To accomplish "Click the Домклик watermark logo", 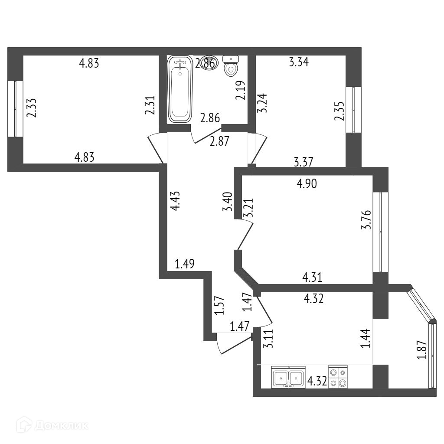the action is [x=52, y=425].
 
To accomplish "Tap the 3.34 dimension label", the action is [x=299, y=62].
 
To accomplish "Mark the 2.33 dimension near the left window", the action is [x=31, y=108].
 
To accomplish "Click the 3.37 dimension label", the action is [x=304, y=162].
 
